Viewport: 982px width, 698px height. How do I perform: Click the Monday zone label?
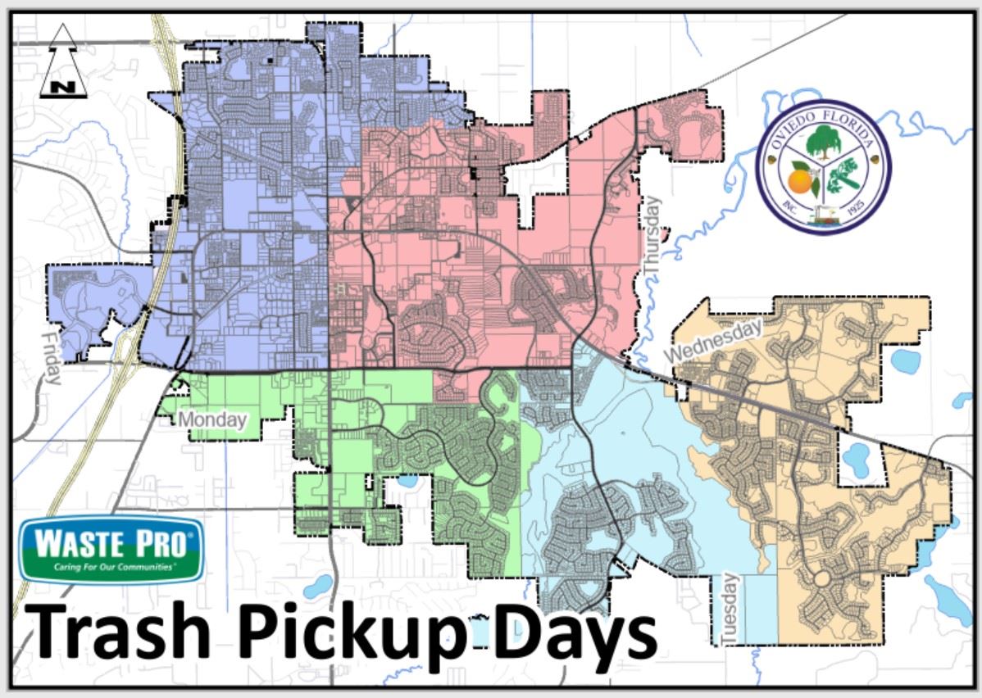(212, 420)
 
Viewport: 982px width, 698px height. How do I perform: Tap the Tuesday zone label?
(730, 607)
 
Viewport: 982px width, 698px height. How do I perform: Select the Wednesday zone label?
(713, 341)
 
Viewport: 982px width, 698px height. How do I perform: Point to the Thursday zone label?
(652, 237)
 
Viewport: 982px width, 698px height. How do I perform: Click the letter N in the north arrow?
(62, 85)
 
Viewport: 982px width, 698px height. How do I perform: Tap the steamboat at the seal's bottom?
(822, 217)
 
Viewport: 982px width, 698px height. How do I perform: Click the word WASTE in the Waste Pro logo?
(75, 542)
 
